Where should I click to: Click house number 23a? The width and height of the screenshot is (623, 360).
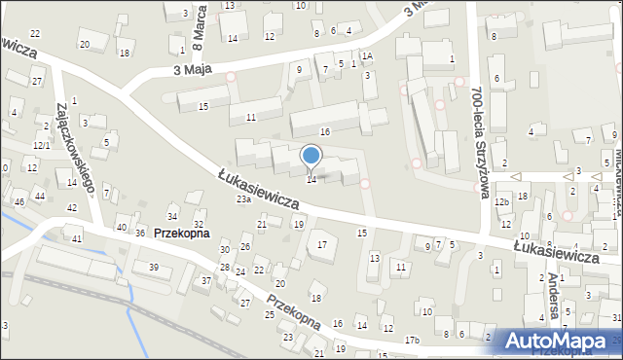coord(243,199)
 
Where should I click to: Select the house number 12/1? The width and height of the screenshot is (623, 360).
coord(41,145)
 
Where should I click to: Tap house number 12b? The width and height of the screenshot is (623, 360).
coord(501,201)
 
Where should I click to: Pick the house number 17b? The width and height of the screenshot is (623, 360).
coord(413,340)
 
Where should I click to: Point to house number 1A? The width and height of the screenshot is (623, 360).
coord(367,56)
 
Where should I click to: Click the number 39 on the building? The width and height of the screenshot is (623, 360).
coord(153,268)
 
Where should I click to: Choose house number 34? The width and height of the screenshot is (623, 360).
coord(172,216)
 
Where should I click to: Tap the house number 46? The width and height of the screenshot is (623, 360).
coord(19,202)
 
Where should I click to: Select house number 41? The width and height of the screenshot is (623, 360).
coord(77,238)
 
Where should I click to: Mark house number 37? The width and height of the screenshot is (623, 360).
coord(205,281)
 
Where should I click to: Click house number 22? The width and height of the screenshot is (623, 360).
coord(35,35)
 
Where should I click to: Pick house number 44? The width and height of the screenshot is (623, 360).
coord(40,197)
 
